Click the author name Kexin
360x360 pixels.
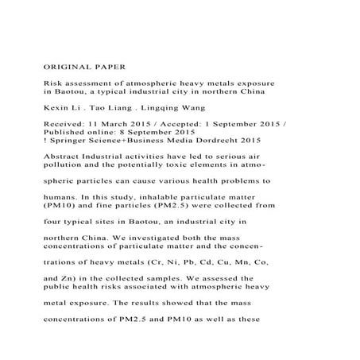click(54, 106)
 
